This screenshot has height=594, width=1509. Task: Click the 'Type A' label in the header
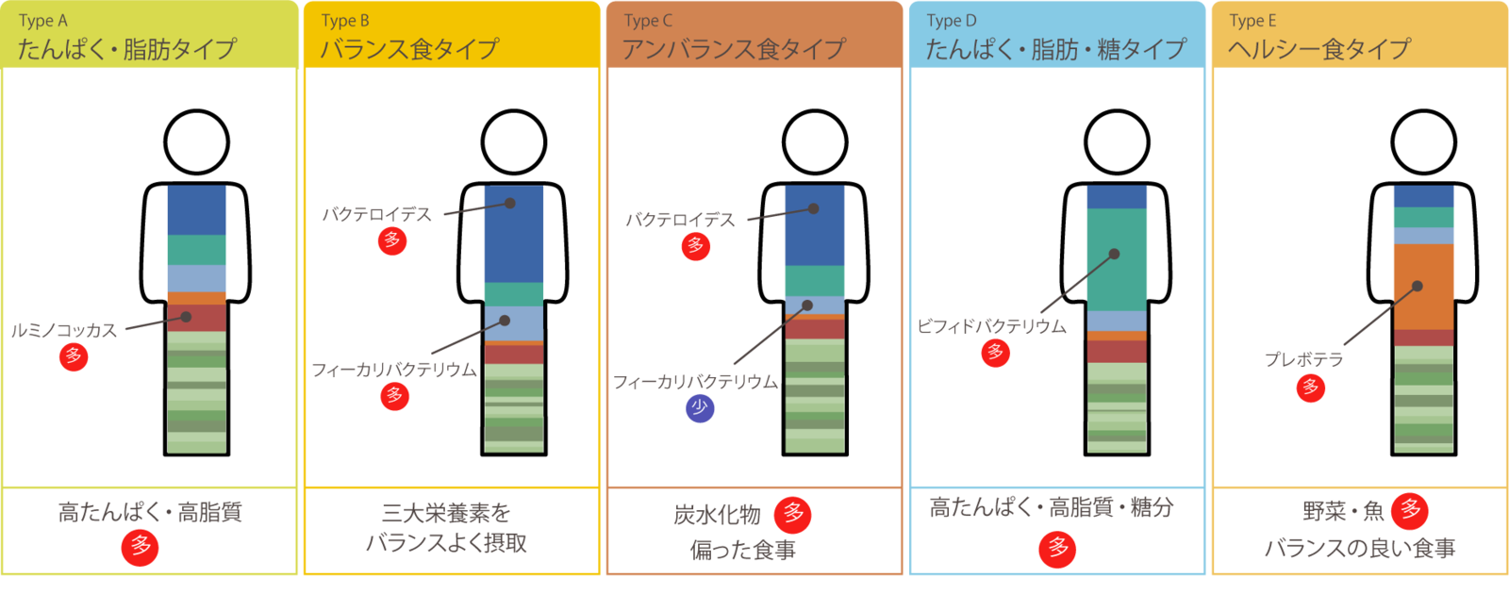click(x=43, y=21)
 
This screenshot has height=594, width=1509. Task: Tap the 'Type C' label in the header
click(x=648, y=21)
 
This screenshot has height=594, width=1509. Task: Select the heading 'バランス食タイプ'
click(x=409, y=48)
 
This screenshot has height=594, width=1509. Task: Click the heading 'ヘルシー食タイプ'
click(x=1319, y=48)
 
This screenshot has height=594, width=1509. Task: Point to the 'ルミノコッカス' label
click(x=64, y=330)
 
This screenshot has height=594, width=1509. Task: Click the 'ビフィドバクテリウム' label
click(x=991, y=326)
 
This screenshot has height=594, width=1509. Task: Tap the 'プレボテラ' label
click(x=1304, y=359)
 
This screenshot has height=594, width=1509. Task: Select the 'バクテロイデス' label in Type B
click(x=376, y=215)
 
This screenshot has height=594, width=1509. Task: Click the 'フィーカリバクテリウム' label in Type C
click(x=695, y=382)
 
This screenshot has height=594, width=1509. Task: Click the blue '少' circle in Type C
click(x=700, y=408)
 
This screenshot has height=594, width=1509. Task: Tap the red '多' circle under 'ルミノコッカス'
click(x=74, y=357)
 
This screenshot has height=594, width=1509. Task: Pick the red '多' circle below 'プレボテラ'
click(x=1311, y=388)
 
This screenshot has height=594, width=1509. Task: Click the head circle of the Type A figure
click(x=197, y=142)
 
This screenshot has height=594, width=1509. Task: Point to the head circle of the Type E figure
click(x=1424, y=142)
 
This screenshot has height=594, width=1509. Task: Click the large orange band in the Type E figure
click(x=1423, y=287)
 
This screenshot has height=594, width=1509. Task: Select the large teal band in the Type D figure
click(x=1117, y=259)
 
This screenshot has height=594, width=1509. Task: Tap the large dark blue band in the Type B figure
click(x=514, y=233)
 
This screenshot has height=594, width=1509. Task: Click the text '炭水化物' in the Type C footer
click(x=717, y=515)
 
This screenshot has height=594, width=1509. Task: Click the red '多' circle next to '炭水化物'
click(x=792, y=515)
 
